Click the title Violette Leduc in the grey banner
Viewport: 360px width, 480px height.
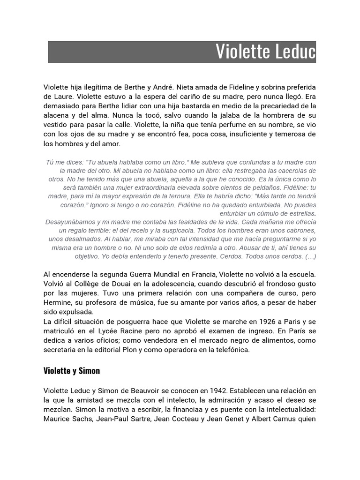(265, 52)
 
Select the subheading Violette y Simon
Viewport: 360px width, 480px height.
(72, 371)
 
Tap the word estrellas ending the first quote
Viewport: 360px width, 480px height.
(299, 213)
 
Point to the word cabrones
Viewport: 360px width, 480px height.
(301, 230)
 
